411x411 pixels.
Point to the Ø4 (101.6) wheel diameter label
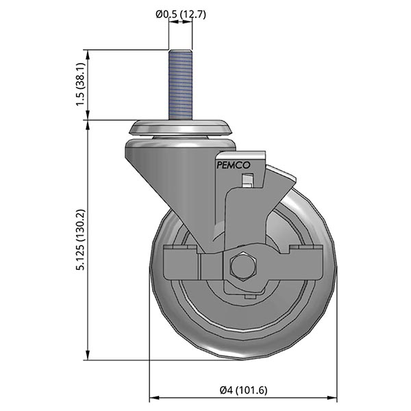(x=243, y=390)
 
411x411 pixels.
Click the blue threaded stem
(x=180, y=86)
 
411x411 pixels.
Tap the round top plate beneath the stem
(x=180, y=128)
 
